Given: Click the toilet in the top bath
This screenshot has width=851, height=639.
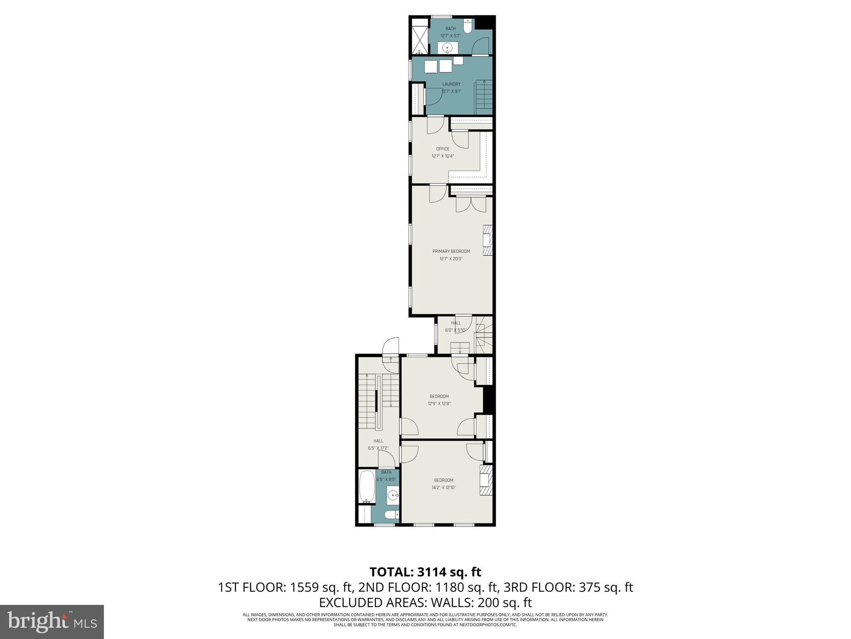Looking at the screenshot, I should (468, 27).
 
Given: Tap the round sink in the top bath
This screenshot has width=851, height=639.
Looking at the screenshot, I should (448, 48).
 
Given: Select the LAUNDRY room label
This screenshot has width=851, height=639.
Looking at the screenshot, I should (451, 84).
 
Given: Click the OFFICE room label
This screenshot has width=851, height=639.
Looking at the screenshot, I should (443, 149).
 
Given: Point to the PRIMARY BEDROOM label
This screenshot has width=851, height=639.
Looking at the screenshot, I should (451, 251).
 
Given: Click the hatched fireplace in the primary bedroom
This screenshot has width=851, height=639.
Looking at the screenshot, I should (487, 240).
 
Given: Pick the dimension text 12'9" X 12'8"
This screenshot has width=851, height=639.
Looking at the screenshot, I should (439, 404).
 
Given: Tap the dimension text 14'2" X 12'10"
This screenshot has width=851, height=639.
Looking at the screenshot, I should (443, 488).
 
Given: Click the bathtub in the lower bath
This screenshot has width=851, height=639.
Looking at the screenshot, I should (367, 486).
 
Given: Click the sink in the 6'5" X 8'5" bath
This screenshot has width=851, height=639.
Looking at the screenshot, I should (393, 495).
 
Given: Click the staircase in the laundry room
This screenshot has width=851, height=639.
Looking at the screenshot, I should (484, 97).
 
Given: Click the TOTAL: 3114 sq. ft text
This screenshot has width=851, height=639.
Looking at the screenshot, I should (425, 572).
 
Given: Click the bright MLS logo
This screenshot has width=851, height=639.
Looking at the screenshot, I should (52, 622).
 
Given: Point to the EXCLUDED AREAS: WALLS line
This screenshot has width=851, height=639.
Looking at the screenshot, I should (425, 602).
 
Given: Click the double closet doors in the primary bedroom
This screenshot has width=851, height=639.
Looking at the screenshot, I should (471, 204).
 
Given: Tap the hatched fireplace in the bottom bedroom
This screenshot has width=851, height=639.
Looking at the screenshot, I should (486, 480).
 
